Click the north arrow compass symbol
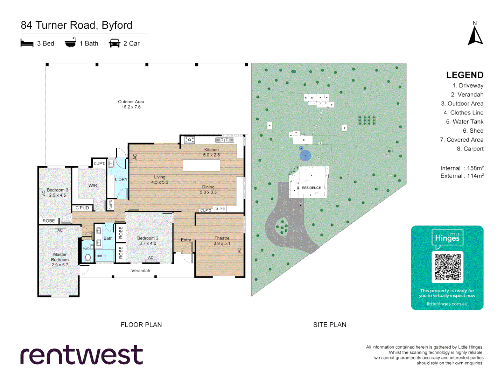tap(475, 35)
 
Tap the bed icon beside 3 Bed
tap(27, 43)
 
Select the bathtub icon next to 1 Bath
tap(70, 43)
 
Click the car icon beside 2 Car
tap(114, 43)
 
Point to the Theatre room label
tap(222, 240)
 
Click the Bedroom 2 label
tap(148, 240)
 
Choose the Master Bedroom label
tap(60, 260)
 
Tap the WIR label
tap(93, 185)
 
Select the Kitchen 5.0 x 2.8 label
tap(211, 152)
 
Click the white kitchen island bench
tap(201, 165)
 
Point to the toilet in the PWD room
tap(88, 258)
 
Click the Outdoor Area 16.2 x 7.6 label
tap(131, 104)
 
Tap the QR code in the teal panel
tap(447, 267)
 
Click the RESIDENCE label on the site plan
tap(311, 188)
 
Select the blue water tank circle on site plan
tap(305, 155)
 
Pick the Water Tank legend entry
tap(464, 122)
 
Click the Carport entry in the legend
tap(470, 149)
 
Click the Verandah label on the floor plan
tap(141, 271)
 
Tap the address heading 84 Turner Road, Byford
tap(77, 25)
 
